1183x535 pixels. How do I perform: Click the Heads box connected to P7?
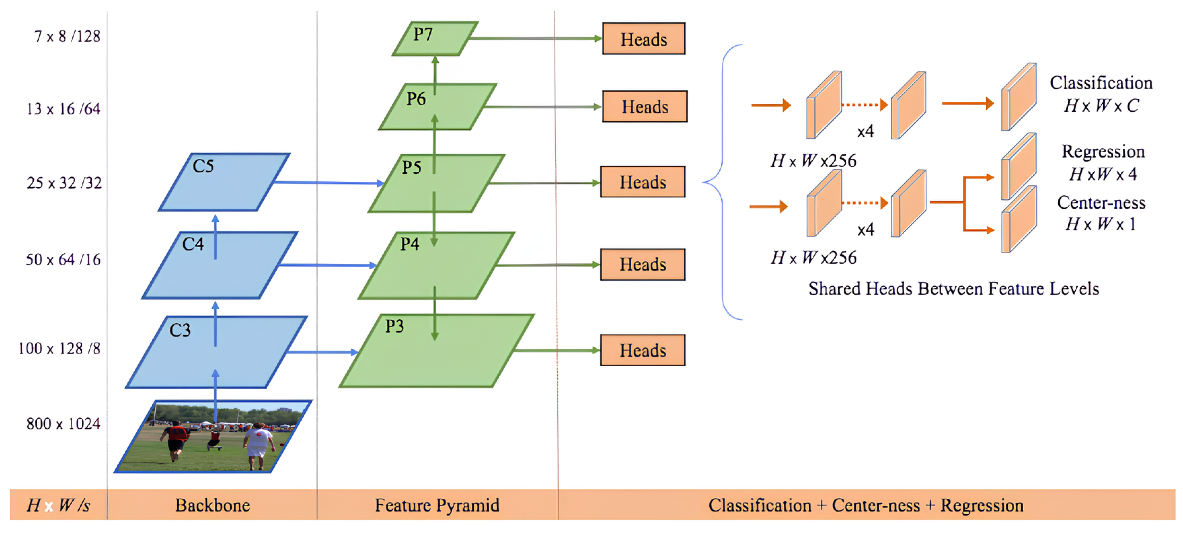(x=644, y=39)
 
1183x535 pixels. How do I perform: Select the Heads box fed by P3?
(x=643, y=350)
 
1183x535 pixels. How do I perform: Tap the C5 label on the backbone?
(x=203, y=166)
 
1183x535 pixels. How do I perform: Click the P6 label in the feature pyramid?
(x=416, y=99)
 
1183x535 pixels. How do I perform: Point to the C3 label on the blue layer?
(x=180, y=330)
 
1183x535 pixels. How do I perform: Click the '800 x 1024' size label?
(x=64, y=424)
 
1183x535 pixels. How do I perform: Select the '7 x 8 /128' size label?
(x=67, y=36)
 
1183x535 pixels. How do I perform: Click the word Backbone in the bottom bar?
(x=213, y=505)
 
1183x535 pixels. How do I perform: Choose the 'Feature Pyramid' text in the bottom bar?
(x=437, y=505)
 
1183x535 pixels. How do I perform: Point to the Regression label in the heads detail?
(x=1103, y=152)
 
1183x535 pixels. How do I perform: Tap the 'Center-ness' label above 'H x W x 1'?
(x=1101, y=203)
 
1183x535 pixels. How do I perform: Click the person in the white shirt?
(x=258, y=443)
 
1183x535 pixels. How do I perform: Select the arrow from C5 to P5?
(x=328, y=183)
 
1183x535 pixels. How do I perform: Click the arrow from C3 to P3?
(x=321, y=352)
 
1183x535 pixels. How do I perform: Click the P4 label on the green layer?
(x=410, y=244)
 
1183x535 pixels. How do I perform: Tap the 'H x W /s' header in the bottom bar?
(x=58, y=505)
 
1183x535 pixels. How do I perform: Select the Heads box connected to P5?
(x=643, y=182)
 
